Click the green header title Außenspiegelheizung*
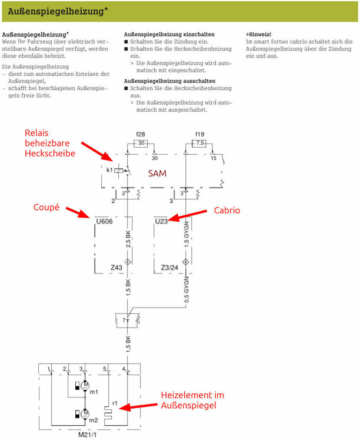(57, 11)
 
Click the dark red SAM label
(157, 173)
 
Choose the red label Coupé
(46, 207)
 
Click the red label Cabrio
(227, 209)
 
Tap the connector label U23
(162, 221)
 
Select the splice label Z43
(116, 268)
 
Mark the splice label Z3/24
(169, 268)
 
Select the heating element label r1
(115, 404)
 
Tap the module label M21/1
(89, 435)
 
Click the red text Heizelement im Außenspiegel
(192, 400)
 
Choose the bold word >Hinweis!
(259, 34)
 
